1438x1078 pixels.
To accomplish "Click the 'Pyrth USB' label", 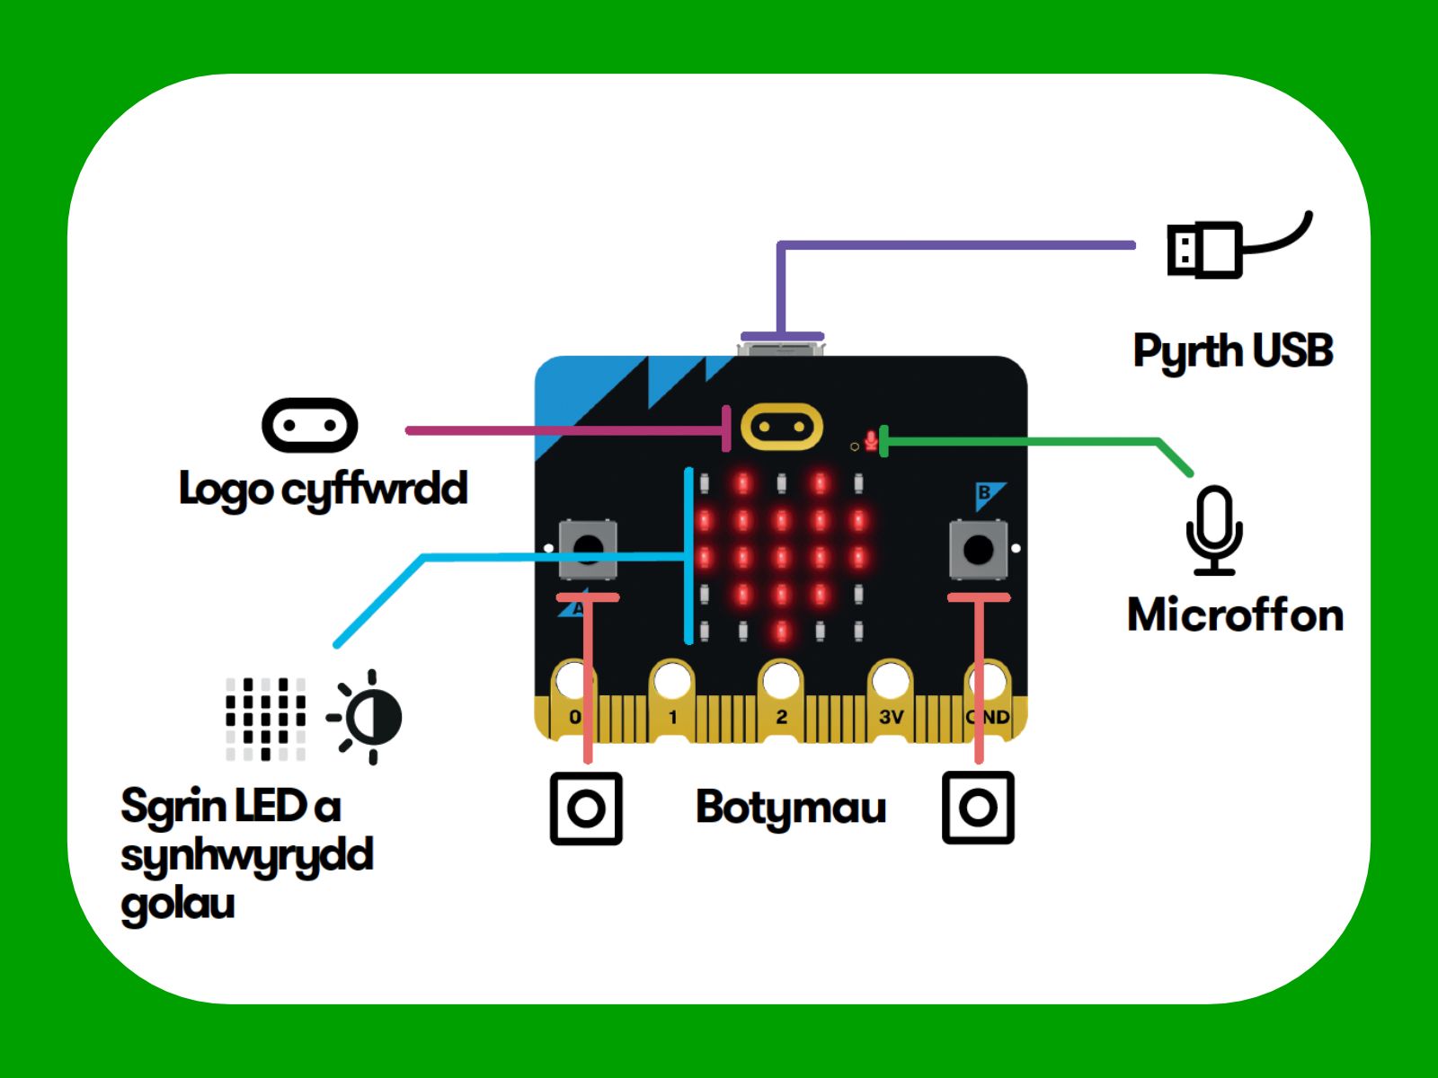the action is click(1232, 352).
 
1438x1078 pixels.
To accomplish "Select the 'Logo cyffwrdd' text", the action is click(323, 490).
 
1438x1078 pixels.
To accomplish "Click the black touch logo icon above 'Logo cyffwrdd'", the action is click(310, 426).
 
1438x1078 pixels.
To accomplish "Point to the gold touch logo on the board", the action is click(782, 427).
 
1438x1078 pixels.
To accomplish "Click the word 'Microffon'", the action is click(1235, 615).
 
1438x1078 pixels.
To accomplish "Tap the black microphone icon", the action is click(1214, 531).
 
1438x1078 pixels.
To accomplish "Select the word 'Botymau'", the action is click(791, 808).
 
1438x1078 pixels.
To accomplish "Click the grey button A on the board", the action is click(588, 549).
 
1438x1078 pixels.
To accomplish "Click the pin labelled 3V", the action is click(891, 702).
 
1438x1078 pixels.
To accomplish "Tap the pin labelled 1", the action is click(672, 702).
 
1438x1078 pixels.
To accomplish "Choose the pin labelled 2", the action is click(781, 702).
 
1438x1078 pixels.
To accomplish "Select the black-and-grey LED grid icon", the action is click(265, 719).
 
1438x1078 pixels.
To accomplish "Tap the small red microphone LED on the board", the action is click(871, 440).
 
